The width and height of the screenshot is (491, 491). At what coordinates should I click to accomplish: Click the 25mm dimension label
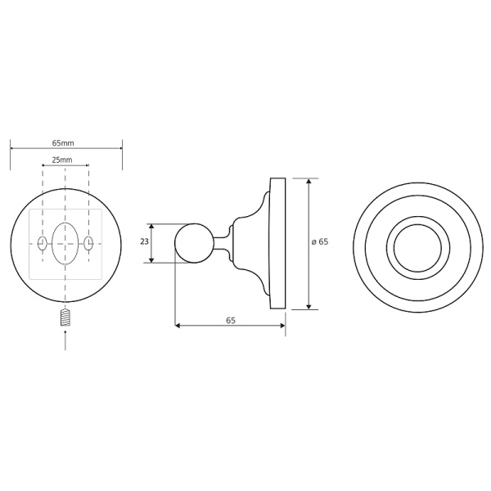tap(62, 160)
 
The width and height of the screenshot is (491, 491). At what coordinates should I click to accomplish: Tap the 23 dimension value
tap(144, 242)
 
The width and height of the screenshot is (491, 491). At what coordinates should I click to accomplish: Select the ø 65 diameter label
tap(320, 242)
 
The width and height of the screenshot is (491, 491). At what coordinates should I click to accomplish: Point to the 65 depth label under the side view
tap(230, 321)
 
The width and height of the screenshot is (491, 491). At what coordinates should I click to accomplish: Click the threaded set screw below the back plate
tap(65, 318)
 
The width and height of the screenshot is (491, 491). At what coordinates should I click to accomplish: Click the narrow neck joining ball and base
tap(219, 243)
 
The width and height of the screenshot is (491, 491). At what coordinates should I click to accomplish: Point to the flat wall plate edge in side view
tap(278, 243)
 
